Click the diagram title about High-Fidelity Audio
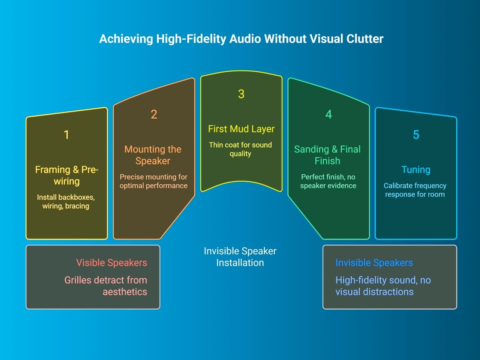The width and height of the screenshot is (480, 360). (x=241, y=39)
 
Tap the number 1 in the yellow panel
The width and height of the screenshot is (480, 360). (x=67, y=135)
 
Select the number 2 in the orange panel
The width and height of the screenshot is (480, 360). (x=154, y=114)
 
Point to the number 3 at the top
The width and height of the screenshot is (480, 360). (x=241, y=94)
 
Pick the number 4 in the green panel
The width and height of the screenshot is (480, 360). (x=328, y=114)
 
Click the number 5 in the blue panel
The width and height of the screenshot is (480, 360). (x=416, y=135)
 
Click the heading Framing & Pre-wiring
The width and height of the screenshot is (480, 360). (x=67, y=175)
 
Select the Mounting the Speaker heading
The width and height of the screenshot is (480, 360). (x=153, y=155)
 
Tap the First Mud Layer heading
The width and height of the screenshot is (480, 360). (x=241, y=129)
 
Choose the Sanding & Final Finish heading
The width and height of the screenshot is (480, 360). (x=327, y=155)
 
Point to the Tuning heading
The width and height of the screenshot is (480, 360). (x=416, y=170)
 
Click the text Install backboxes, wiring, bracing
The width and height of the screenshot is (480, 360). (x=66, y=202)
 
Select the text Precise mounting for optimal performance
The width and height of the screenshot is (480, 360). (x=153, y=181)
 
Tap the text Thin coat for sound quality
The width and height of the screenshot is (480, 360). (x=240, y=149)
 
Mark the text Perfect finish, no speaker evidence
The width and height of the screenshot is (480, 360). (x=328, y=181)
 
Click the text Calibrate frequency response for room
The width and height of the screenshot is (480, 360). (x=415, y=190)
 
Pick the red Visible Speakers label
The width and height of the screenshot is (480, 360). (x=112, y=263)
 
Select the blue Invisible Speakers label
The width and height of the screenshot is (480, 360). (x=374, y=263)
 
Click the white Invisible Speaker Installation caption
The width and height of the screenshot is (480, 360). (x=240, y=257)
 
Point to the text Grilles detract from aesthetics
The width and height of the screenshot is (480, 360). (x=106, y=286)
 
